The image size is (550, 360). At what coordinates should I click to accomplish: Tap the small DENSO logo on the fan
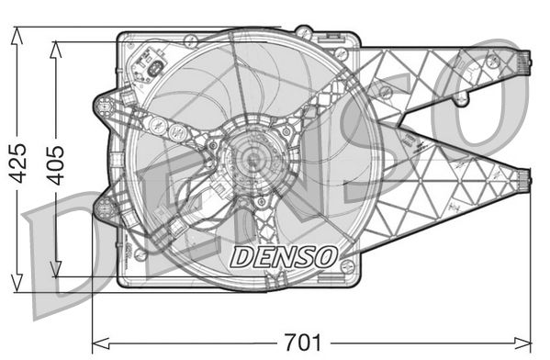click(283, 255)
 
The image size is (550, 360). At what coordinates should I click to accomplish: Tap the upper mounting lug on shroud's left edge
click(104, 103)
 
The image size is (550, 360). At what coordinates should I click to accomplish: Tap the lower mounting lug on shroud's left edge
click(104, 209)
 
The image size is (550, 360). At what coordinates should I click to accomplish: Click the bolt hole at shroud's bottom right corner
click(347, 265)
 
